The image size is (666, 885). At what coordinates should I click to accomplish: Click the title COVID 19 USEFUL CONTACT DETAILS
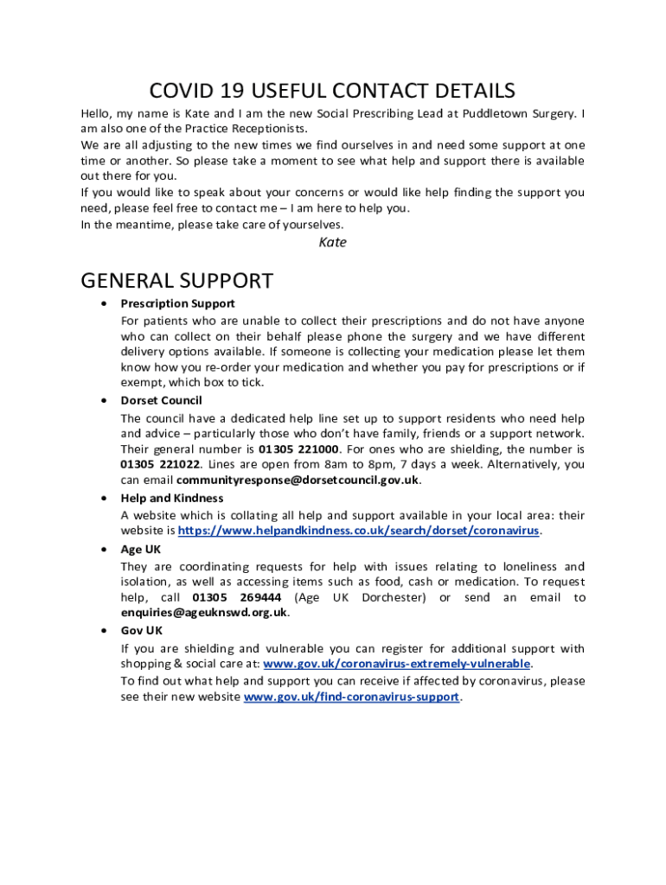[332, 91]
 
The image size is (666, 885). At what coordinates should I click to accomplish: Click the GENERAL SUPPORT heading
[176, 281]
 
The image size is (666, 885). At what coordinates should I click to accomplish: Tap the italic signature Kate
[332, 242]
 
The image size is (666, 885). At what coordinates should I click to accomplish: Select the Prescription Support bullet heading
[177, 303]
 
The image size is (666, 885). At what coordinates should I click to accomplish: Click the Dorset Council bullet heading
[161, 400]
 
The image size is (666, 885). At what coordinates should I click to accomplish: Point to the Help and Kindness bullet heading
[171, 498]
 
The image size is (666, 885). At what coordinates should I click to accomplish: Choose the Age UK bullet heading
[141, 549]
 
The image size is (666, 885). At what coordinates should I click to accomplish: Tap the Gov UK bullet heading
[142, 631]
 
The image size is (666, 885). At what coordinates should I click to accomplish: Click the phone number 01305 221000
[298, 449]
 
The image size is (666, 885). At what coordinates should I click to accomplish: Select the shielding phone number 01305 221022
[161, 465]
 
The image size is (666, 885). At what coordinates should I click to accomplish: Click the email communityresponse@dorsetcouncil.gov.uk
[298, 481]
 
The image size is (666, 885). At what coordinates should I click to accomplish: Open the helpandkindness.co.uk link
[359, 531]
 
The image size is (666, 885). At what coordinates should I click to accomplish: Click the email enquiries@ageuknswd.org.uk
[203, 613]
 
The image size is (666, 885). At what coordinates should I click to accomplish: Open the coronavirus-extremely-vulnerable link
[396, 664]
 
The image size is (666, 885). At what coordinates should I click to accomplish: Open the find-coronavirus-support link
[351, 697]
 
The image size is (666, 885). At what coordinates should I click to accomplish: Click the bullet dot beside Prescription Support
[104, 303]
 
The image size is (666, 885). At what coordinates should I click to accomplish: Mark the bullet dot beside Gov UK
[104, 631]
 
